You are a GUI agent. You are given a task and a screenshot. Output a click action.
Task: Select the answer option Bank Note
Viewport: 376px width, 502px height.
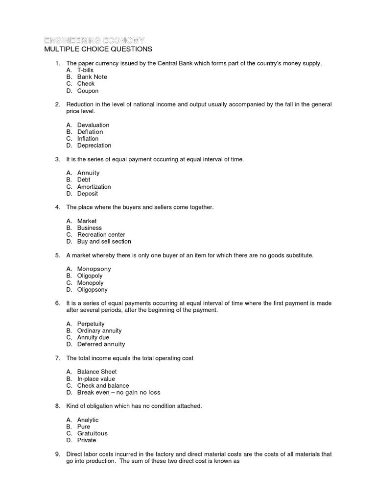point(92,77)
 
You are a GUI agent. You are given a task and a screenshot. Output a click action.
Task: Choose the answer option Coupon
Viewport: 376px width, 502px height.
point(88,91)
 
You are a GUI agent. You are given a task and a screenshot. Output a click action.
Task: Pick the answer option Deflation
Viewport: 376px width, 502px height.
point(90,132)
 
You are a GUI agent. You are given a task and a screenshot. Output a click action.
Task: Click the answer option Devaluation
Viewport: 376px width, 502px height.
point(93,125)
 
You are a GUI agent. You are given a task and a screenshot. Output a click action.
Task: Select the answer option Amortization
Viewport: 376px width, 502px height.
point(94,187)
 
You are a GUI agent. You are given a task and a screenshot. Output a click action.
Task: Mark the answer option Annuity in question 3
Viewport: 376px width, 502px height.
point(88,173)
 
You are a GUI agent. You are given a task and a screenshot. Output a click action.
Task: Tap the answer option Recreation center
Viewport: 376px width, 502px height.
point(101,235)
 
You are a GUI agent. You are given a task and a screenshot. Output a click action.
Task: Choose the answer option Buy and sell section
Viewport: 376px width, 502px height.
point(104,242)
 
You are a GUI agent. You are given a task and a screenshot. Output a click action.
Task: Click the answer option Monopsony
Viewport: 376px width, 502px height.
point(94,269)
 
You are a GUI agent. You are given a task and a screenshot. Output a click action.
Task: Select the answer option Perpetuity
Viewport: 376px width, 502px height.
point(91,324)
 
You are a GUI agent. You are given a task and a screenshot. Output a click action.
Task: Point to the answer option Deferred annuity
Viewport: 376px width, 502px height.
point(101,345)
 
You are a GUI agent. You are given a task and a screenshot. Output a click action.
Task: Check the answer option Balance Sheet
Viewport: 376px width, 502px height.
point(97,372)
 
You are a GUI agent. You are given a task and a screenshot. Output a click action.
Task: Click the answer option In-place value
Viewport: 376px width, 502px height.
point(96,379)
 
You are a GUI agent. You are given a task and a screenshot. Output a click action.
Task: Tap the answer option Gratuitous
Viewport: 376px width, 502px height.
point(92,434)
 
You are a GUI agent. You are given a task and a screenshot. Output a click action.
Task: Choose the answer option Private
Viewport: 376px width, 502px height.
point(87,441)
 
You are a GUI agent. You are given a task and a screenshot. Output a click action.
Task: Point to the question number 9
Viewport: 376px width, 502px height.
point(57,454)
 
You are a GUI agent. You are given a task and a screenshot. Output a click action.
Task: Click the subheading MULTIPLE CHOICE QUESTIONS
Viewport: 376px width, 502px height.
point(98,49)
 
